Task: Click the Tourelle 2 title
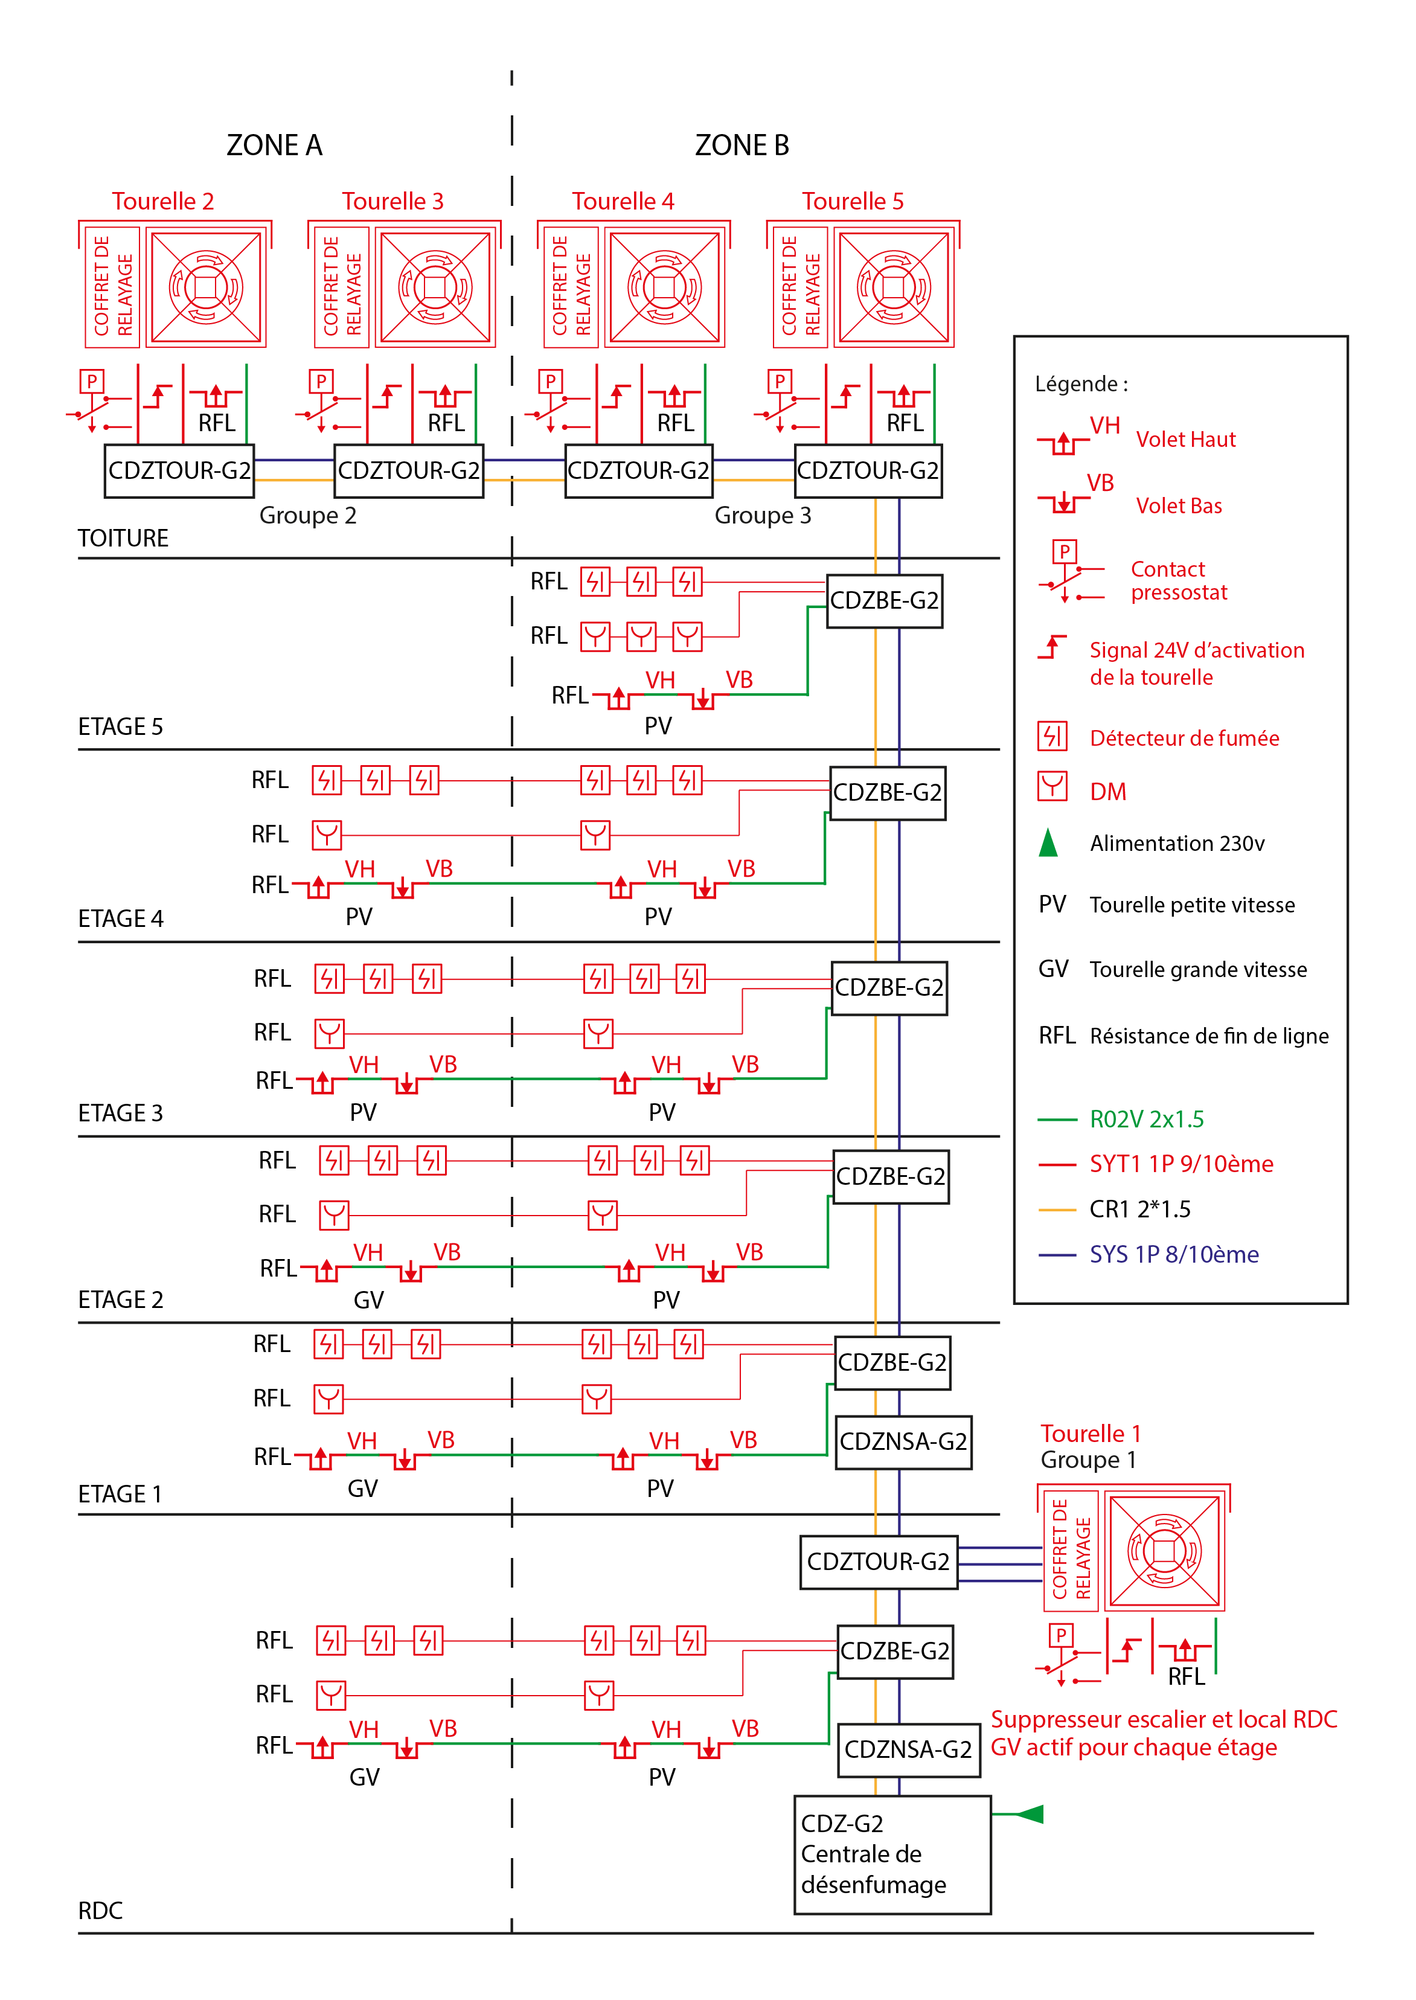(x=163, y=202)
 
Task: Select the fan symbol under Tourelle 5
(x=894, y=287)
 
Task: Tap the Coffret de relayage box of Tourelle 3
(x=342, y=287)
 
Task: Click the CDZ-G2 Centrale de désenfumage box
(x=892, y=1854)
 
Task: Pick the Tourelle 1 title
(x=1090, y=1434)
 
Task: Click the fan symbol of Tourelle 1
(x=1164, y=1551)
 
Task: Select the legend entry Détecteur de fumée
(x=1184, y=739)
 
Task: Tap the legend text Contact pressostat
(x=1178, y=581)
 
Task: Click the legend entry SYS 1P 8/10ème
(x=1174, y=1255)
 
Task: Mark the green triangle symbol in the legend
(x=1048, y=843)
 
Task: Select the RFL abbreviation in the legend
(x=1057, y=1036)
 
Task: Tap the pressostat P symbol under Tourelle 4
(x=550, y=381)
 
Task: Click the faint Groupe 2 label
(x=308, y=515)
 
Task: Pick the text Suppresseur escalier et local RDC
(x=1163, y=1719)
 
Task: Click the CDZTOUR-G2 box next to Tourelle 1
(x=878, y=1562)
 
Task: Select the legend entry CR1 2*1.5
(x=1139, y=1210)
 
